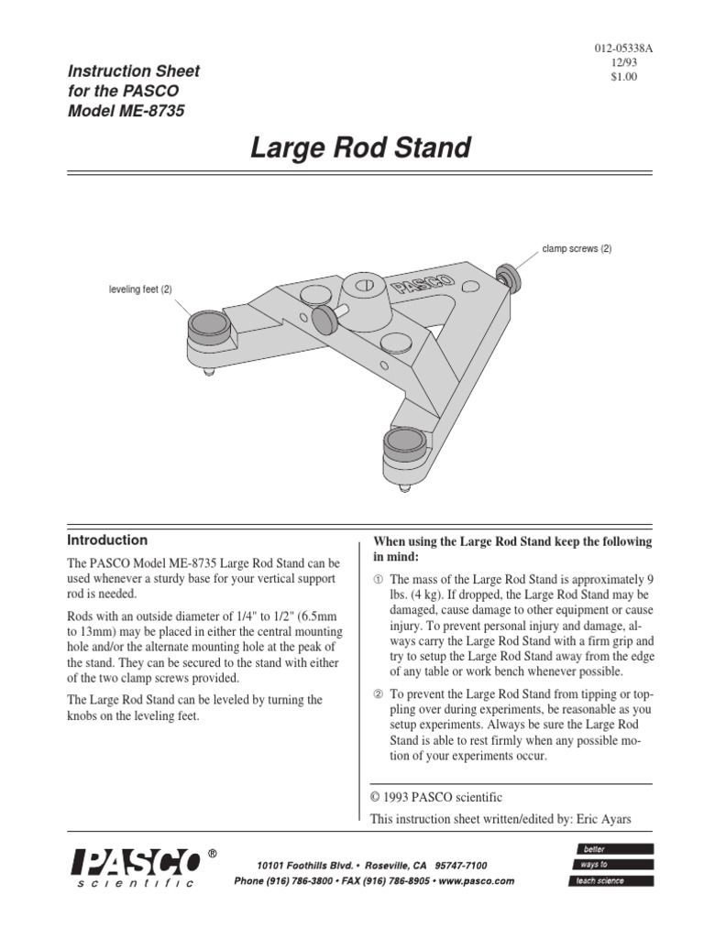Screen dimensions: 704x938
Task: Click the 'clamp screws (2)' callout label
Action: [577, 249]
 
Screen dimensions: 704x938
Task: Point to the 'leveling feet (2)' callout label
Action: [140, 289]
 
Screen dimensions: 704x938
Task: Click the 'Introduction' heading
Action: [108, 540]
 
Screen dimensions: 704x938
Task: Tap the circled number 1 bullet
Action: [378, 581]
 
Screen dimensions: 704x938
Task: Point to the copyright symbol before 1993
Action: [375, 798]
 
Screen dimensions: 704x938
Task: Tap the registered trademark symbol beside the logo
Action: [213, 854]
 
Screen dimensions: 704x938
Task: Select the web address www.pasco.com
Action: [472, 880]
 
